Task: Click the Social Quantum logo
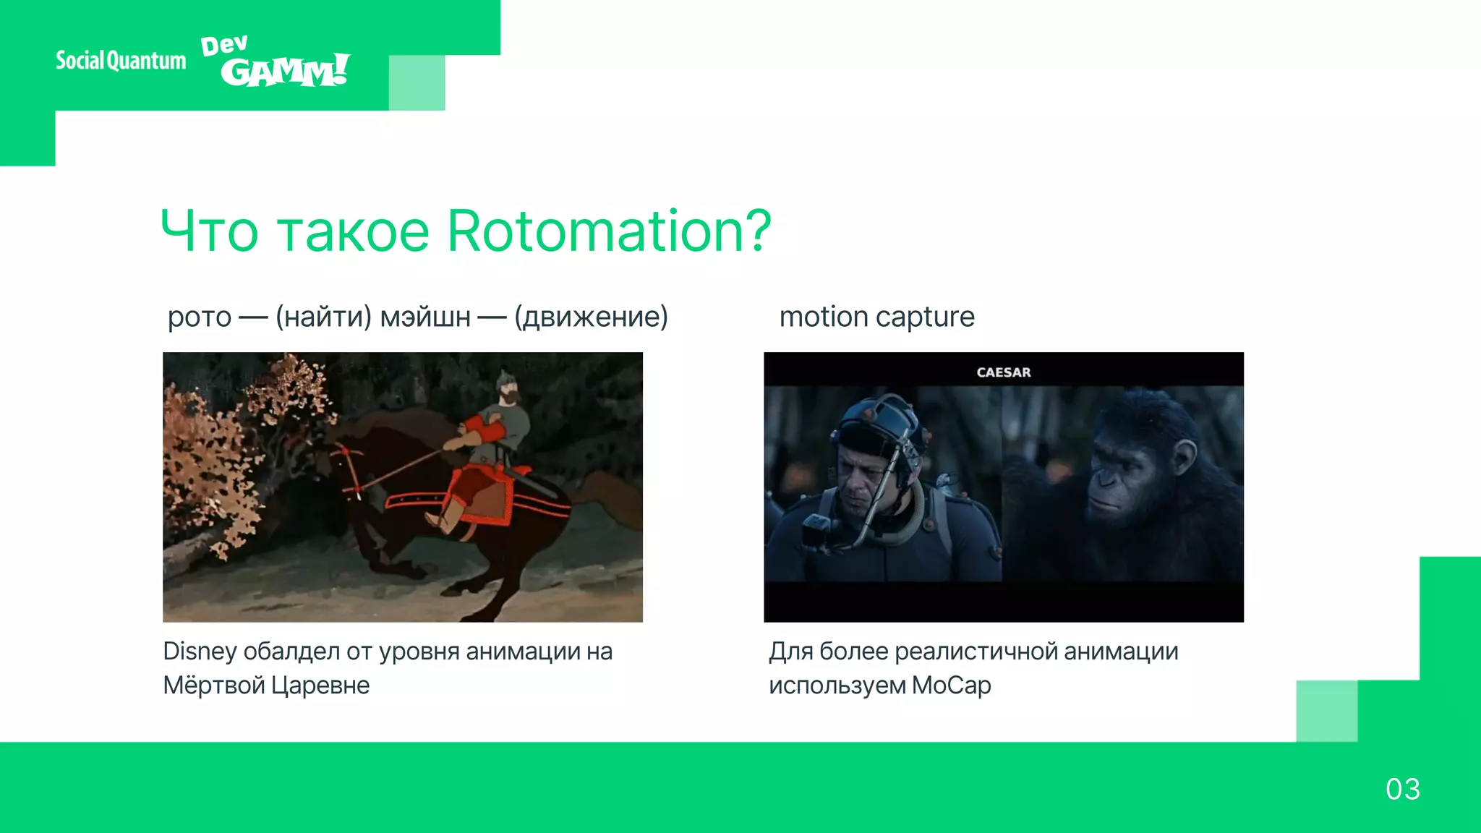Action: click(121, 61)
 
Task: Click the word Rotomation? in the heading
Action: click(610, 231)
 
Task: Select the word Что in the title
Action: click(209, 231)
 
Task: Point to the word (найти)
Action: click(323, 317)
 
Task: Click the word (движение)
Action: click(591, 317)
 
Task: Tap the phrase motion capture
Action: click(876, 317)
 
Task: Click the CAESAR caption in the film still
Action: click(1003, 372)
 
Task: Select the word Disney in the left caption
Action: click(200, 652)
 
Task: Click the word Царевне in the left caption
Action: click(320, 685)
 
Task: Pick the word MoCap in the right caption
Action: click(951, 685)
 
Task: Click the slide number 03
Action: click(1402, 789)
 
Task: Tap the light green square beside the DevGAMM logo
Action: click(417, 82)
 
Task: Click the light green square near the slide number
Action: click(1326, 711)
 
